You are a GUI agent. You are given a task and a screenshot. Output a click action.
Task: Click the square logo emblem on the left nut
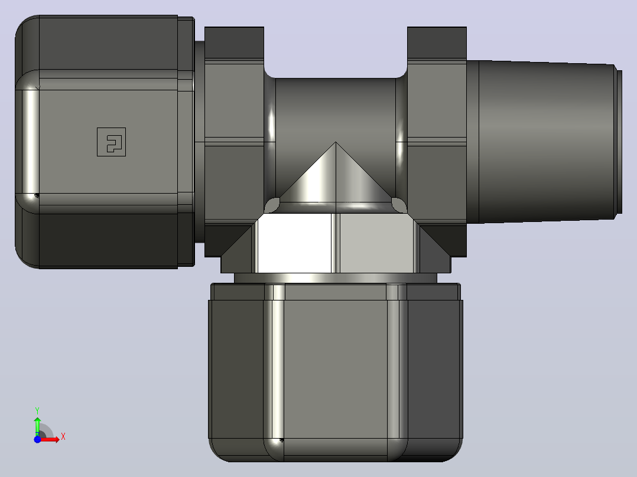coord(111,142)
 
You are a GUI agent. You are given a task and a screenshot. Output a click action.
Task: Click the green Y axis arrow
coord(37,426)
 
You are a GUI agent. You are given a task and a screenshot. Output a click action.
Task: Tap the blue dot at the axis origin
coord(37,439)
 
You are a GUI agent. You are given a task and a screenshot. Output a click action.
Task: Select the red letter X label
coord(63,437)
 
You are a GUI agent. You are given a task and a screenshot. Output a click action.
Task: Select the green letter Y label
coord(37,411)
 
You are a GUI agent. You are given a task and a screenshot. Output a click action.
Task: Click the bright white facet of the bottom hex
coord(294,243)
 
